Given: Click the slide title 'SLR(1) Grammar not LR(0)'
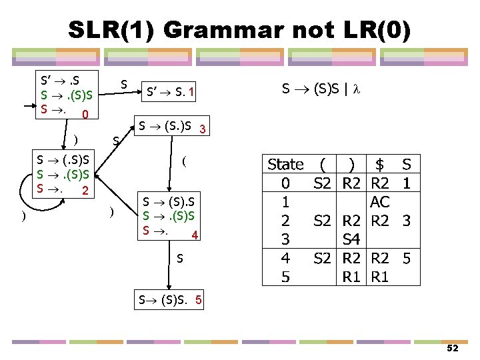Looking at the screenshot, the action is coord(240,29).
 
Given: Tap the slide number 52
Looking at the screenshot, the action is coord(453,349).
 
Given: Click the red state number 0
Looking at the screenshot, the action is coord(85,115).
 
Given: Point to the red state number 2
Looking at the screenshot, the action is coord(85,191).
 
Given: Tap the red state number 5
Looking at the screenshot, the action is coord(199,300).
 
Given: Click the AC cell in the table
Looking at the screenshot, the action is coord(380,201).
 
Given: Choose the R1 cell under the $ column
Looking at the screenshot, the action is coord(380,275).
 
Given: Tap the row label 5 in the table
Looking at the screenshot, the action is coord(285,275).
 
